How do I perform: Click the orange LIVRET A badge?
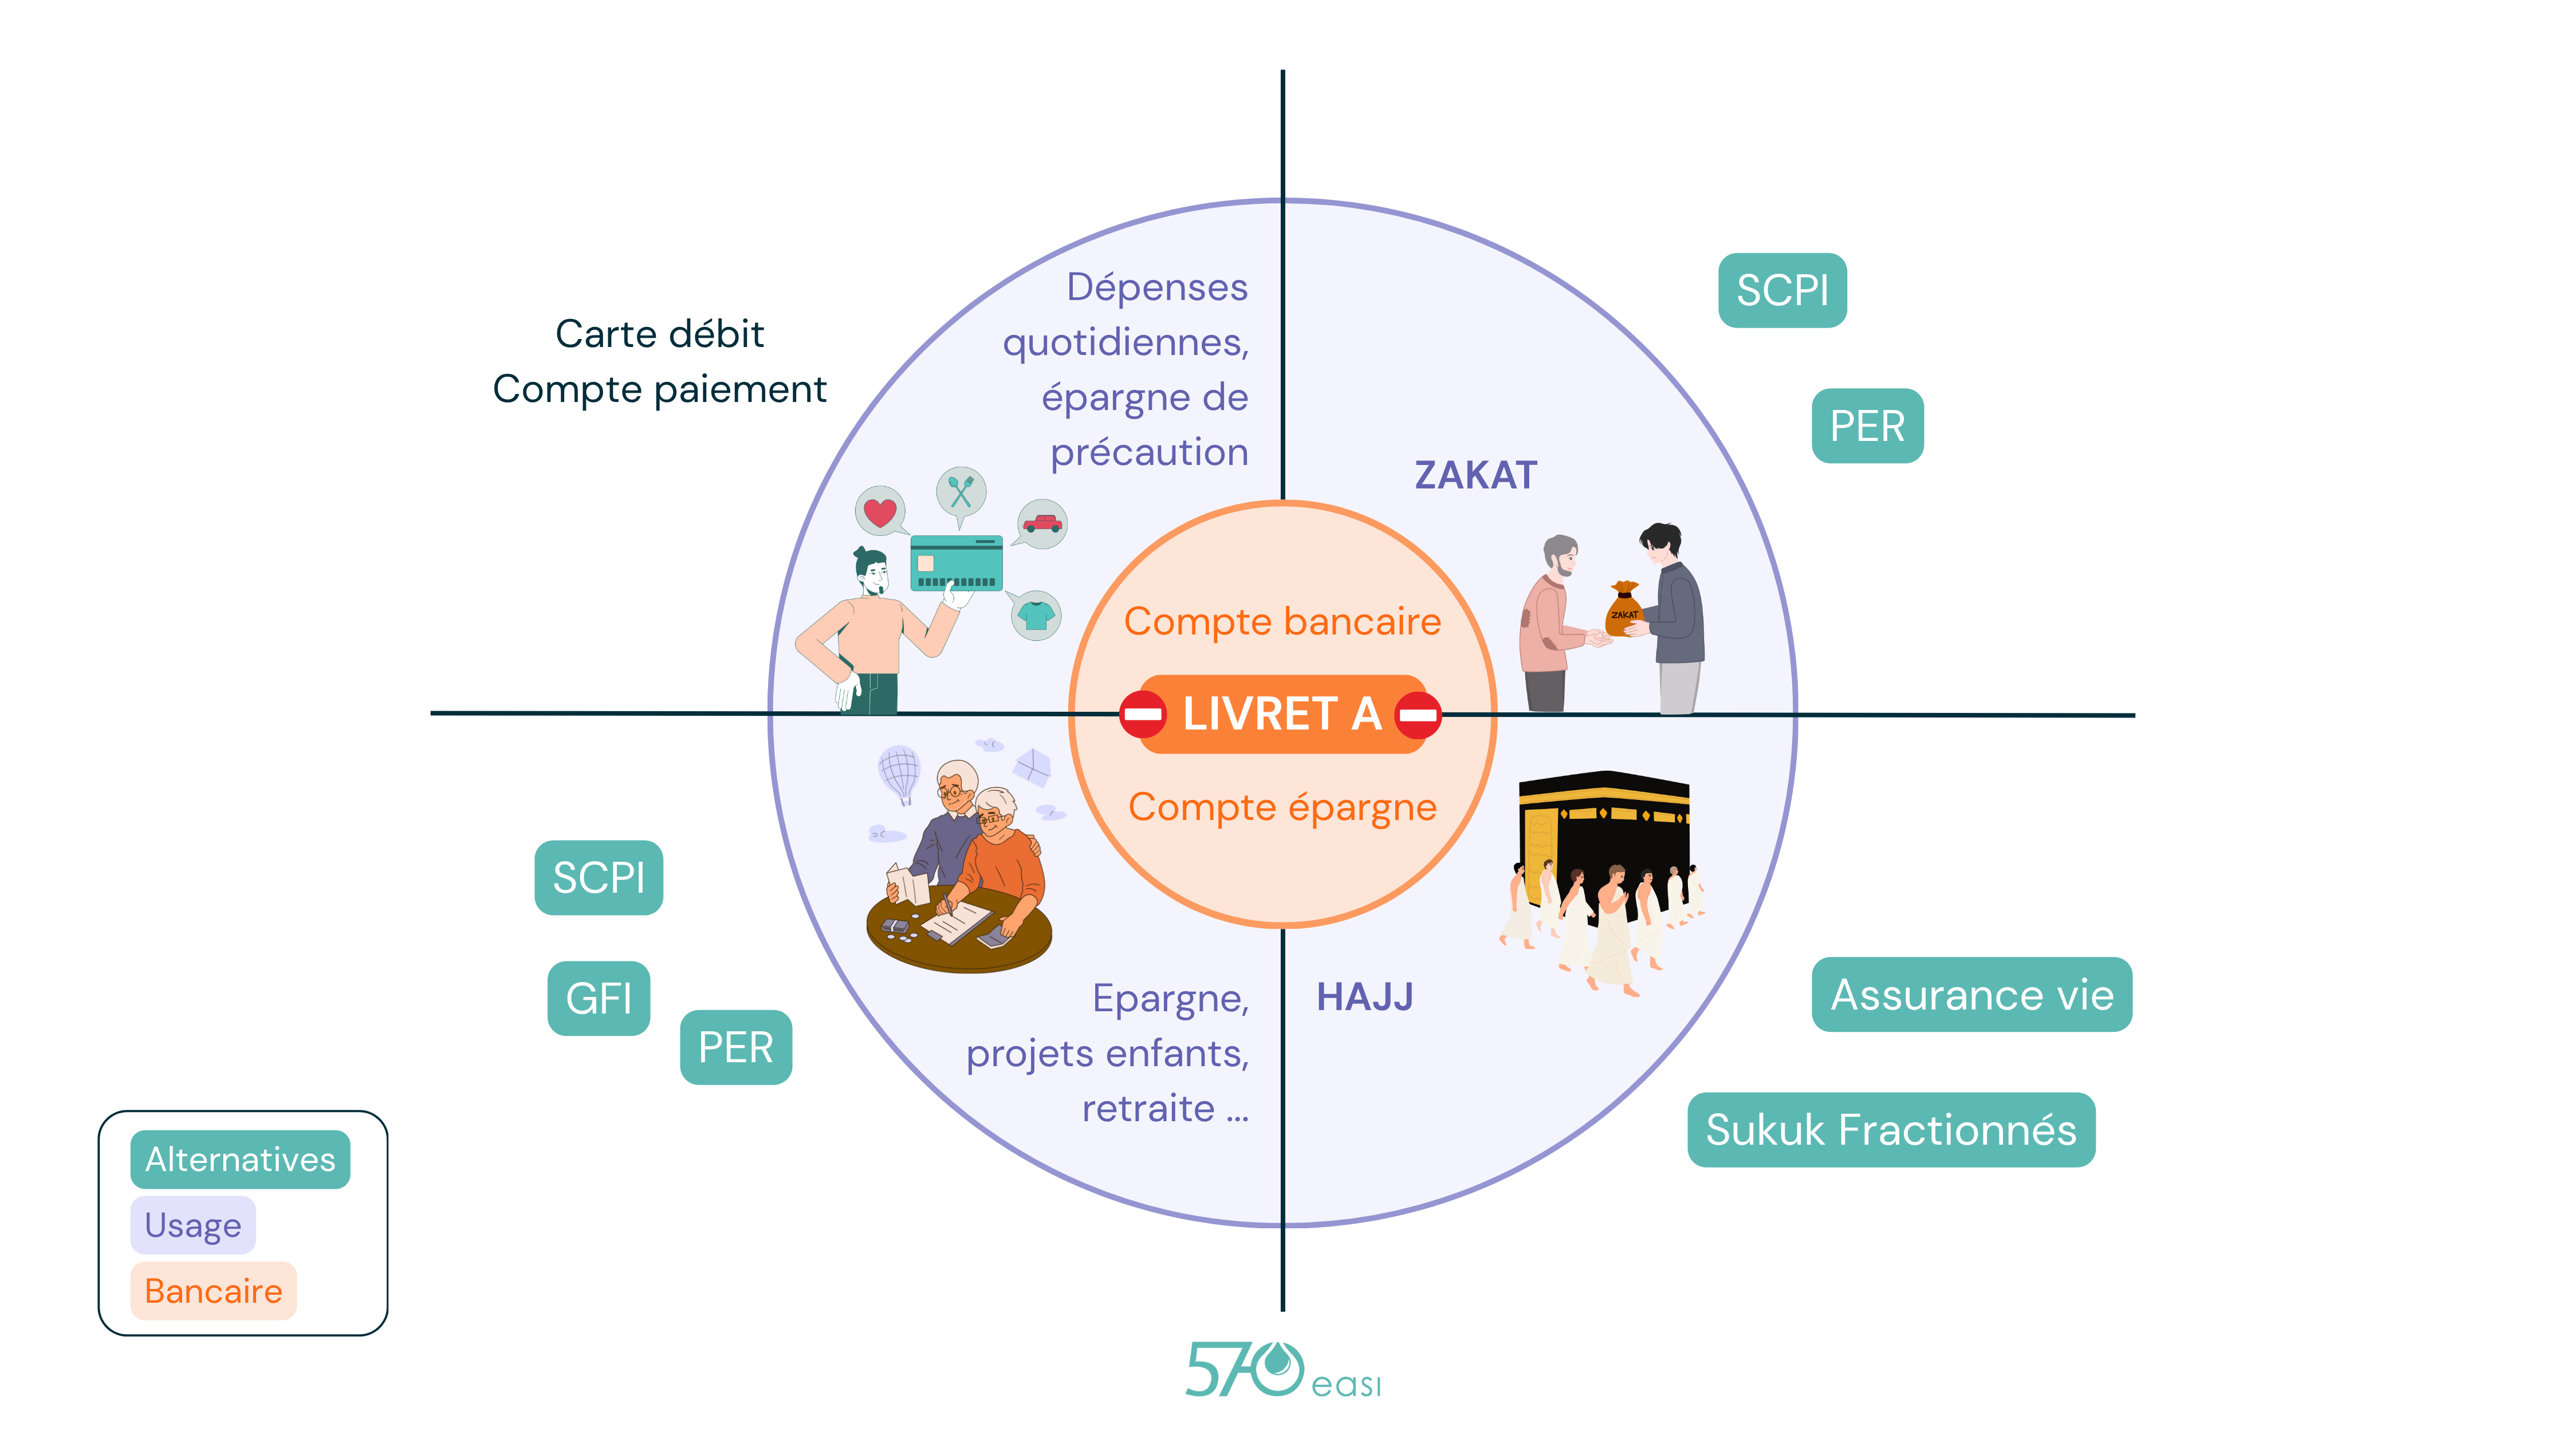click(1281, 714)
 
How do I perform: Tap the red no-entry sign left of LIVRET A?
click(1143, 714)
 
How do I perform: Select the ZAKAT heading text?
click(1475, 475)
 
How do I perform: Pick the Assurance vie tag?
click(1971, 995)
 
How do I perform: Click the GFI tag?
click(599, 998)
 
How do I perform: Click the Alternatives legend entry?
click(240, 1159)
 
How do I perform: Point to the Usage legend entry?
click(193, 1225)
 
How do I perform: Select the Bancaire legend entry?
click(213, 1291)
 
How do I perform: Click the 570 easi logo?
click(1282, 1371)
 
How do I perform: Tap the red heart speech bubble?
click(880, 512)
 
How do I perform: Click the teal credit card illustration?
click(957, 563)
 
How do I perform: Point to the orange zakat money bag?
click(1624, 609)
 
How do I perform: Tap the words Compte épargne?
click(1282, 807)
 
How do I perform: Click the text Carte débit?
click(659, 334)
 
